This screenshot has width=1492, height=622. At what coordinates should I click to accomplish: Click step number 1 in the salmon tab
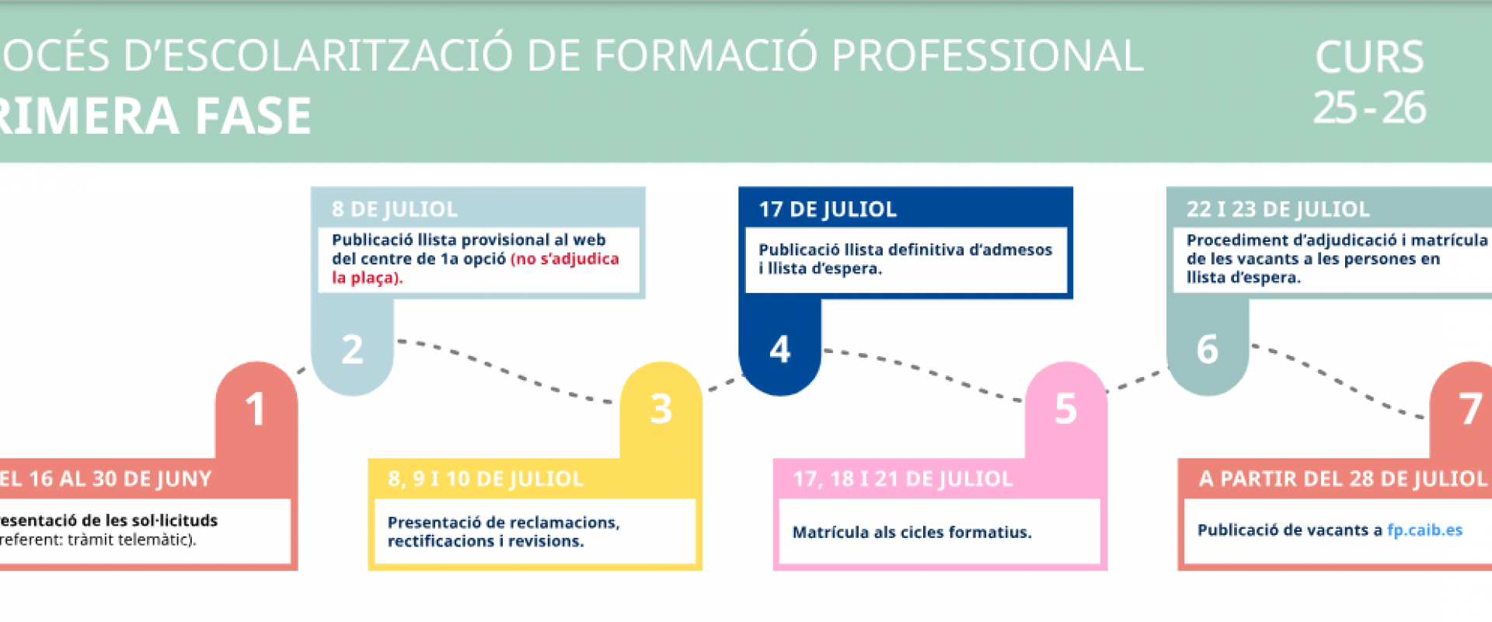[255, 409]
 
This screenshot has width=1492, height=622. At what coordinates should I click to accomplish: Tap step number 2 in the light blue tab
[352, 349]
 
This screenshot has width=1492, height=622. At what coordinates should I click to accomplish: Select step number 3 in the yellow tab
[661, 409]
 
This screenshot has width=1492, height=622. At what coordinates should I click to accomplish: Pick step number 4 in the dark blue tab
[779, 349]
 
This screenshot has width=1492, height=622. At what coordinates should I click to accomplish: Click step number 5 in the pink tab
[1065, 409]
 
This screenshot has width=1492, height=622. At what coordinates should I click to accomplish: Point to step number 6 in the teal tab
[1207, 349]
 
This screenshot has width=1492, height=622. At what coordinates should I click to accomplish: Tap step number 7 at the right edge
[1469, 409]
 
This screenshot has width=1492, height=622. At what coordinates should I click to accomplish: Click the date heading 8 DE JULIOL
[395, 209]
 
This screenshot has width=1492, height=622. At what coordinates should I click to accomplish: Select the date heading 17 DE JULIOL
[828, 209]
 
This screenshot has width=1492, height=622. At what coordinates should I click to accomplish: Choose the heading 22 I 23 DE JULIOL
[1278, 209]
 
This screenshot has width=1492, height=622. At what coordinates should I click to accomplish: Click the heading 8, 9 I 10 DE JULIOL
[486, 479]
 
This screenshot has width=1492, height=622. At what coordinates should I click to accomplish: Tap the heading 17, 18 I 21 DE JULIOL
[903, 479]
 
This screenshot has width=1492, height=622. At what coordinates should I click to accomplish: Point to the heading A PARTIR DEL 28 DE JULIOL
[1343, 479]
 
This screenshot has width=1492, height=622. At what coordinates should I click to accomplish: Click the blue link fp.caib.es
[1424, 530]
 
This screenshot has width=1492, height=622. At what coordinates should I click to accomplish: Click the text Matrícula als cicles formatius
[912, 533]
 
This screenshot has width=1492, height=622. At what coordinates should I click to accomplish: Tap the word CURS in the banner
[1369, 57]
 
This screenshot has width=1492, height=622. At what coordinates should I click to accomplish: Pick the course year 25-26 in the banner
[1369, 108]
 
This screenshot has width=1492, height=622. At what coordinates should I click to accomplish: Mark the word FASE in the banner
[253, 116]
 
